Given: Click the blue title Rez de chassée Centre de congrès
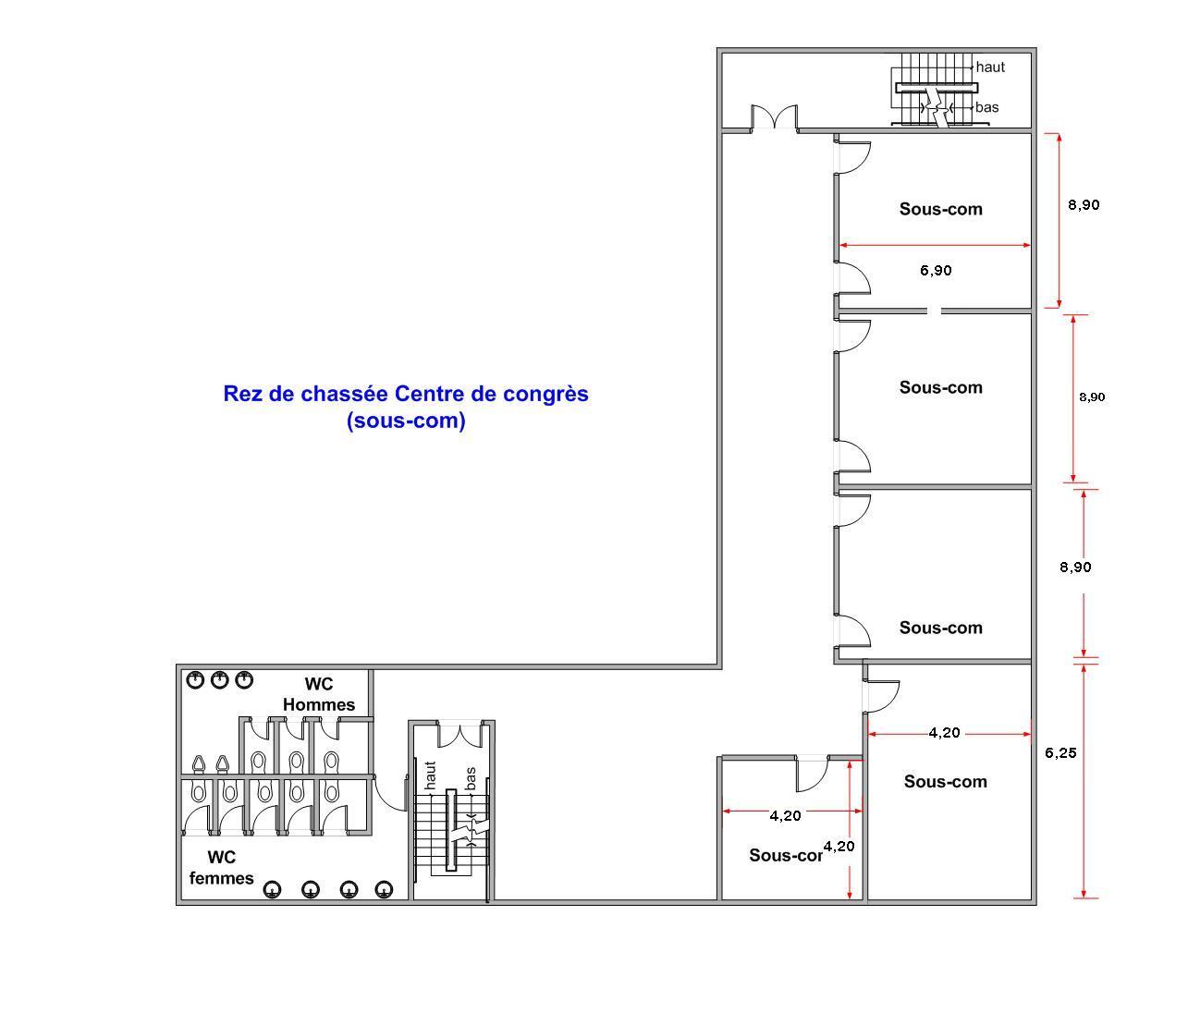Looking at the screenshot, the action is (x=406, y=394).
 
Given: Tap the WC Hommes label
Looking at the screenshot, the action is (x=319, y=694).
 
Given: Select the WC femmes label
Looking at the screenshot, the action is (x=221, y=868).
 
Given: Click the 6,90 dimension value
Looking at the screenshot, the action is (x=936, y=270).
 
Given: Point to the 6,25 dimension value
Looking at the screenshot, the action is (x=1060, y=752).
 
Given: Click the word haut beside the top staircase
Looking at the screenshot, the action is (x=990, y=67).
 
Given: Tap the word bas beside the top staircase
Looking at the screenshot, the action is (x=986, y=107).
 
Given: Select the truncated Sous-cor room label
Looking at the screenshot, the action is (x=786, y=856).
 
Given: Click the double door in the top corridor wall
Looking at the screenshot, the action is (x=775, y=117).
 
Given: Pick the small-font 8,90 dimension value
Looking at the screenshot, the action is (x=1092, y=397).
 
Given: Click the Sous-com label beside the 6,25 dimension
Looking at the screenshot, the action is (x=946, y=781).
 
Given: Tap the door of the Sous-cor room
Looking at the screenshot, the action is (x=812, y=774).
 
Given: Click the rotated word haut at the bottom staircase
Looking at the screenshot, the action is (x=430, y=775).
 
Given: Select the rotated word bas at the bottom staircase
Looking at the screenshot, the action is (x=471, y=778).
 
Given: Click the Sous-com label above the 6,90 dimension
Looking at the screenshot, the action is (x=941, y=209).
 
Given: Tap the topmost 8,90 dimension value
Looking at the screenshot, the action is (x=1084, y=205).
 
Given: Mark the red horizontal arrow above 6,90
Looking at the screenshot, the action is (x=935, y=245).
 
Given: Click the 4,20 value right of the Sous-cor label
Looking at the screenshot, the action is (x=839, y=847).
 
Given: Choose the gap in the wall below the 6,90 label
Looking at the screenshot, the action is (x=934, y=311).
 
